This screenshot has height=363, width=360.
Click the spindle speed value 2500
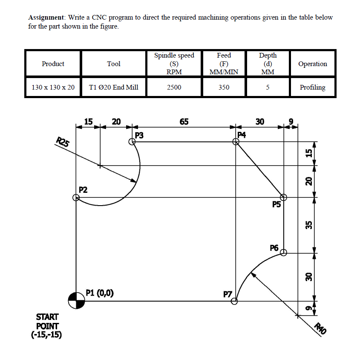click(174, 87)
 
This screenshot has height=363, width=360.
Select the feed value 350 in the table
click(224, 87)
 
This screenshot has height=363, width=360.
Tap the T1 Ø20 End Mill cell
click(114, 87)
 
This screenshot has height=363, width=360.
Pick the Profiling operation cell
click(312, 87)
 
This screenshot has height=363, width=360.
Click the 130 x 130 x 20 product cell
click(53, 87)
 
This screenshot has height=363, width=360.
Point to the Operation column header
click(312, 64)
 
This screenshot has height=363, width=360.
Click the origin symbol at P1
click(76, 300)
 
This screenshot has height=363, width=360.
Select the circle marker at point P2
click(76, 197)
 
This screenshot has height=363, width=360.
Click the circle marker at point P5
click(283, 197)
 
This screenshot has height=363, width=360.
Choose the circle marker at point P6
click(284, 253)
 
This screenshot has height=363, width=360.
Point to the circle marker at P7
click(234, 301)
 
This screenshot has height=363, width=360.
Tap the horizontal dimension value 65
click(184, 122)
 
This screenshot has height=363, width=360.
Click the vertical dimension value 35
click(310, 224)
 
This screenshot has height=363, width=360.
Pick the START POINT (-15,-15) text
click(47, 325)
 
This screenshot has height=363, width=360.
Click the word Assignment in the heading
click(45, 17)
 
